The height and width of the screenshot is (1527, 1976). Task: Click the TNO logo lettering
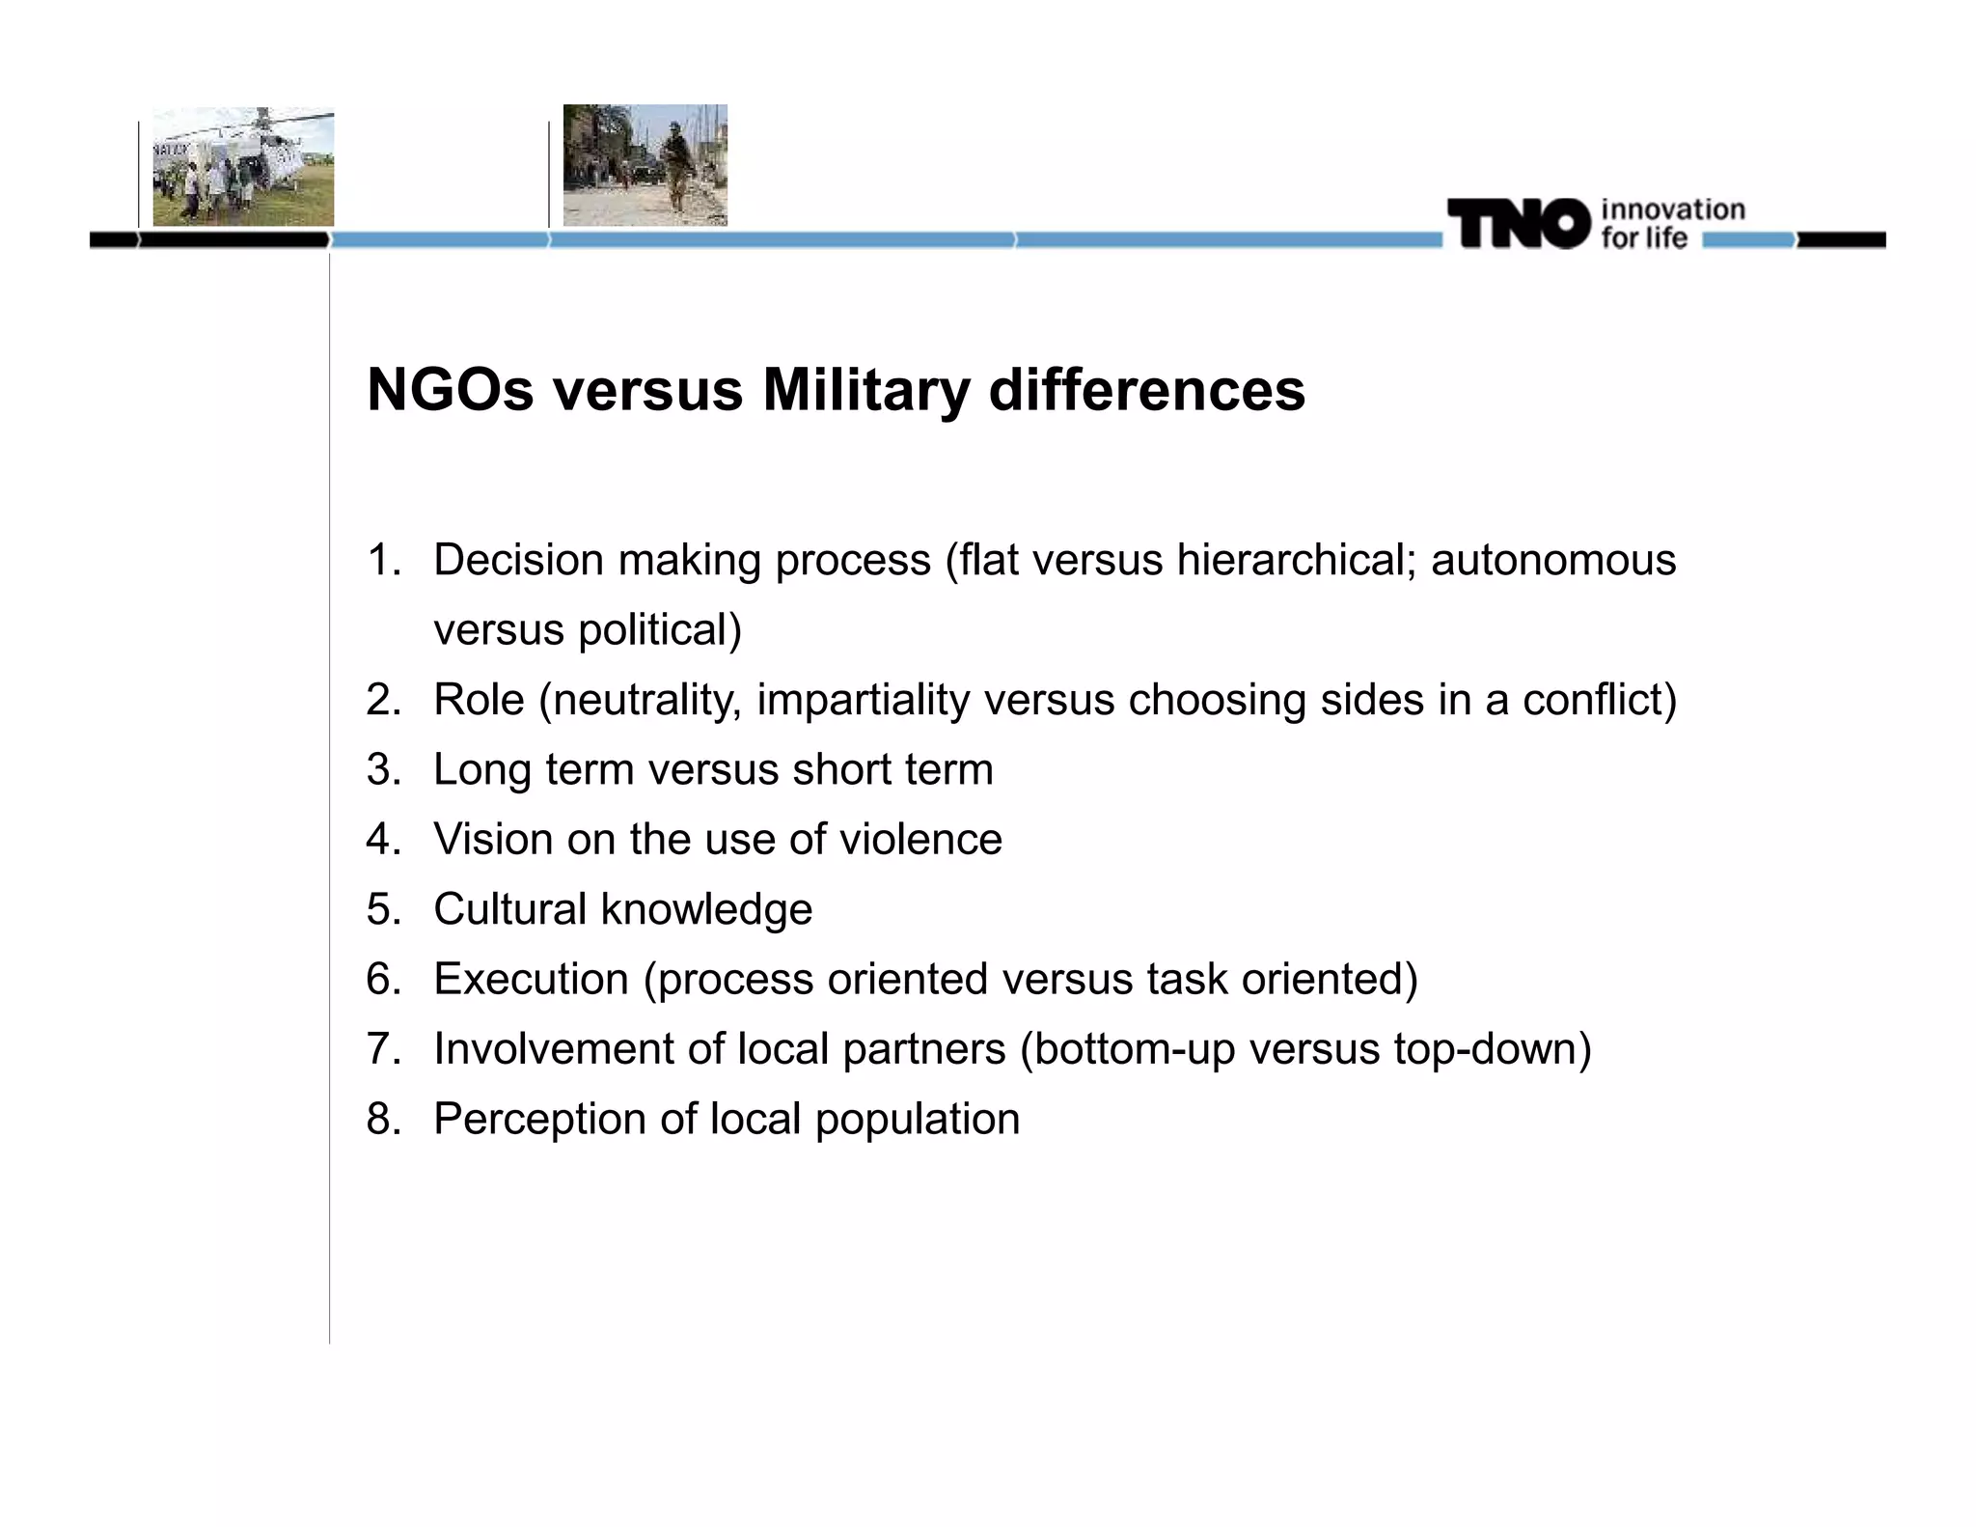[1518, 224]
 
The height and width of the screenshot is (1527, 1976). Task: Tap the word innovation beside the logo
[1672, 209]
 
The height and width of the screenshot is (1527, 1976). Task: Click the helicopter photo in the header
[243, 166]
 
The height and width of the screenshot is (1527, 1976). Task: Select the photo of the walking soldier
[645, 165]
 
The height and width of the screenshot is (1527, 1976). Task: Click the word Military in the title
[865, 390]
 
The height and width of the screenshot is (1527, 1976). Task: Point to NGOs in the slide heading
[450, 390]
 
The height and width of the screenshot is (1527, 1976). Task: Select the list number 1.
[383, 560]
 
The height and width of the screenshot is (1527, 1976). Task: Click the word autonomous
[1552, 560]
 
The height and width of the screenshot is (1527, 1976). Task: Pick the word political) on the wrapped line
[660, 630]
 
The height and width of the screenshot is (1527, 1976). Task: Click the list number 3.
[383, 770]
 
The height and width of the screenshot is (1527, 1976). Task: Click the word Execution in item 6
[531, 979]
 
